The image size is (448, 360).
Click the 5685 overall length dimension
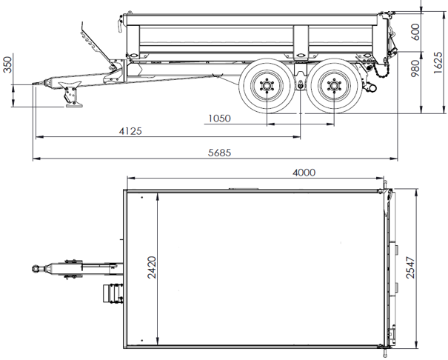pos(220,153)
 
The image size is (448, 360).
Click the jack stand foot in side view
pos(75,103)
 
